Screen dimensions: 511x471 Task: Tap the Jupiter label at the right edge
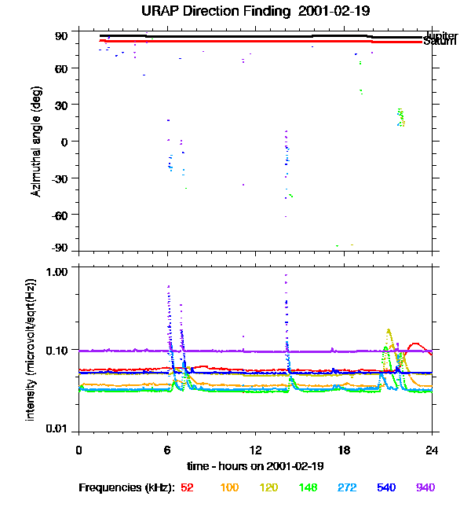[x=440, y=36]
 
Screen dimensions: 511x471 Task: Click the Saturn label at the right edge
[x=440, y=42]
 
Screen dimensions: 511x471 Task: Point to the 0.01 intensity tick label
[x=57, y=428]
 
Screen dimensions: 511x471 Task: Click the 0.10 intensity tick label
[x=57, y=349]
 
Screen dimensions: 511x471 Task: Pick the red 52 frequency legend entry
[x=187, y=487]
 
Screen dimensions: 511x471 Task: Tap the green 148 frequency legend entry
[x=309, y=487]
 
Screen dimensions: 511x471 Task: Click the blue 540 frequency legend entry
[x=385, y=487]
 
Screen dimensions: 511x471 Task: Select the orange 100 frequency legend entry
[x=228, y=487]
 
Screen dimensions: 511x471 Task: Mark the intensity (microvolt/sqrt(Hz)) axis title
[x=31, y=347]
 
